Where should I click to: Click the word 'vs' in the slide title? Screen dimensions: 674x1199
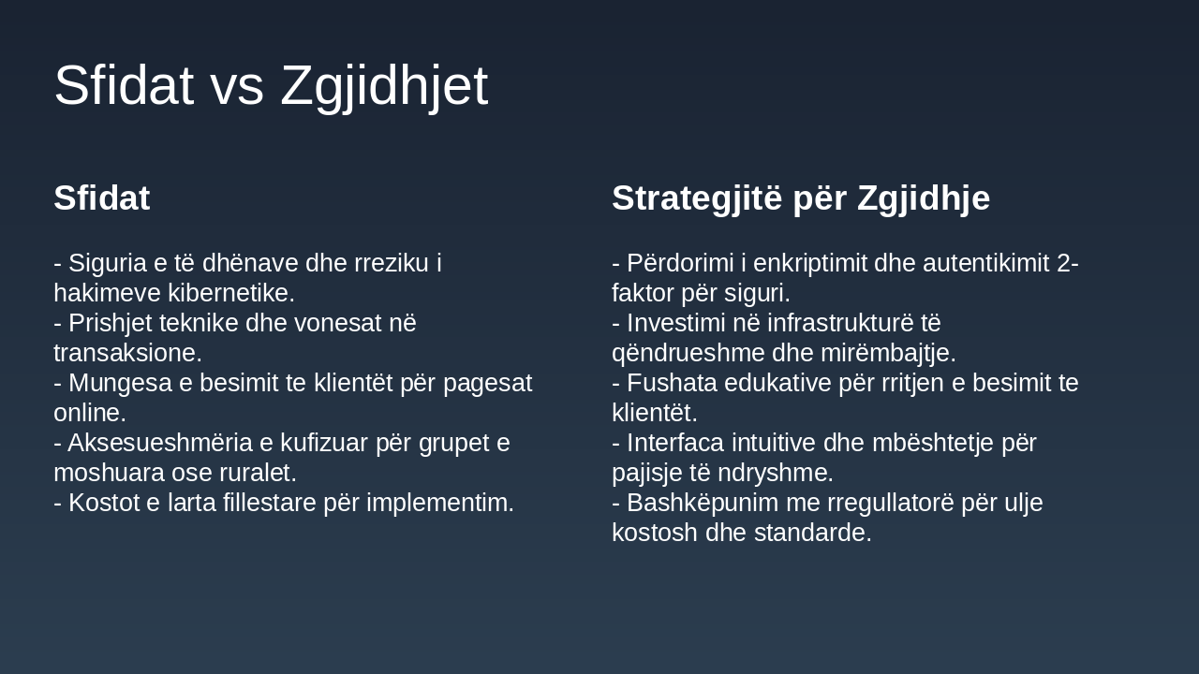tap(236, 86)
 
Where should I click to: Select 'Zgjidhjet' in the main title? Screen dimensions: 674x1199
tap(383, 86)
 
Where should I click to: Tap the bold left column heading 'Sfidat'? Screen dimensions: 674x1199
tap(101, 198)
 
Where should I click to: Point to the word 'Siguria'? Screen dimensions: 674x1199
tap(106, 263)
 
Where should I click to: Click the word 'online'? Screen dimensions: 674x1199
tap(86, 413)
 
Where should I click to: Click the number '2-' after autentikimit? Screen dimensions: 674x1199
tap(1067, 263)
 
